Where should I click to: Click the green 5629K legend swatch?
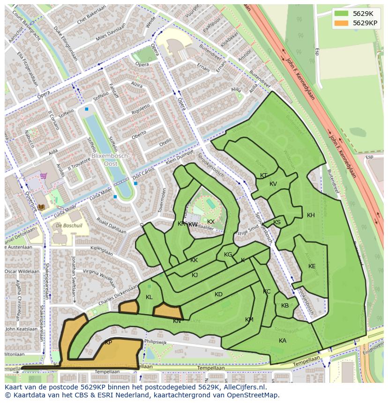(x=342, y=14)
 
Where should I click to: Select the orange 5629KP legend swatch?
(x=342, y=22)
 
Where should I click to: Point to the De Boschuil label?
(x=66, y=225)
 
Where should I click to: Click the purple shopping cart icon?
(x=44, y=176)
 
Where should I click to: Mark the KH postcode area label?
(x=311, y=215)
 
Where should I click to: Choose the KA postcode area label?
(x=283, y=341)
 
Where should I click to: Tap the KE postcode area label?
(x=312, y=266)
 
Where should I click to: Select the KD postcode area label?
(x=218, y=294)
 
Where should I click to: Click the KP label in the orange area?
(x=108, y=343)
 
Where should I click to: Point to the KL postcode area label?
(x=149, y=297)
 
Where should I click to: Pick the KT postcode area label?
(x=264, y=176)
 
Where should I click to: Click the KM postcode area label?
(x=249, y=320)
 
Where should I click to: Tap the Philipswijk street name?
(x=156, y=342)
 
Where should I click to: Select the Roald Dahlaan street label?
(x=111, y=225)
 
